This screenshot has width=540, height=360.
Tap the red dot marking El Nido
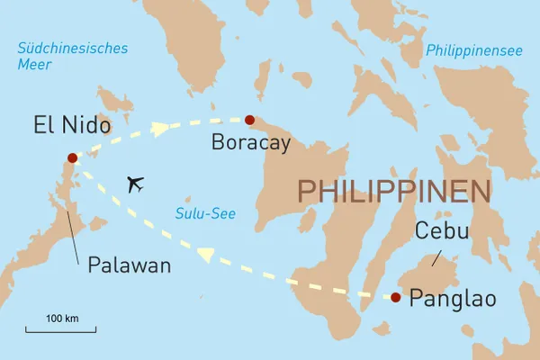pyautogui.click(x=72, y=158)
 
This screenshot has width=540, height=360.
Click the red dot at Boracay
pyautogui.click(x=249, y=121)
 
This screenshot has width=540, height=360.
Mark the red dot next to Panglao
pyautogui.click(x=396, y=297)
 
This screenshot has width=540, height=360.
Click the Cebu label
pyautogui.click(x=443, y=232)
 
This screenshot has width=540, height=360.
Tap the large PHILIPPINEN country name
pyautogui.click(x=394, y=192)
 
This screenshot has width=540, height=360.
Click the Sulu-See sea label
pyautogui.click(x=200, y=212)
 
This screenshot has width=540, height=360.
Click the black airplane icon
pyautogui.click(x=136, y=184)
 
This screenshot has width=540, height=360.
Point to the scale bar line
pyautogui.click(x=60, y=331)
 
